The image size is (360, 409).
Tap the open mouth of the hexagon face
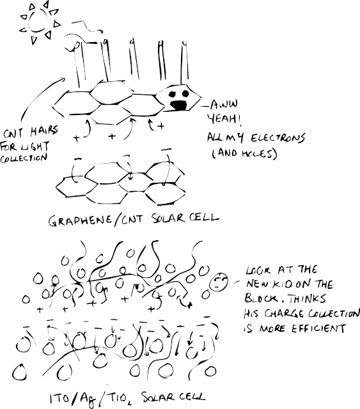pyautogui.click(x=178, y=105)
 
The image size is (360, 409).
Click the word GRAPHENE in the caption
pyautogui.click(x=80, y=220)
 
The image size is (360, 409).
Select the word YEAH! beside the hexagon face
pyautogui.click(x=224, y=120)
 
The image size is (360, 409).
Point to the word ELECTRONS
pyautogui.click(x=278, y=138)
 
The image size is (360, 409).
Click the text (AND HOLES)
pyautogui.click(x=244, y=153)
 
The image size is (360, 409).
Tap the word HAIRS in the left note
pyautogui.click(x=44, y=130)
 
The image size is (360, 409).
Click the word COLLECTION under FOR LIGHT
pyautogui.click(x=24, y=158)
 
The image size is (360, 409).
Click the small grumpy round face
pyautogui.click(x=219, y=281)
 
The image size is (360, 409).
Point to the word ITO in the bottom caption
pyautogui.click(x=60, y=398)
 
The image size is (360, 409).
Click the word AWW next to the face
pyautogui.click(x=224, y=104)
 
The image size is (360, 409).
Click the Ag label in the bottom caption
pyautogui.click(x=88, y=399)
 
